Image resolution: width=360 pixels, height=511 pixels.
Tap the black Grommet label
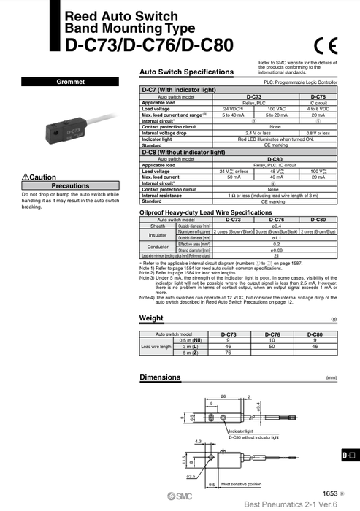click(x=69, y=82)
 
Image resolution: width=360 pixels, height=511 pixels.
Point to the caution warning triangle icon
click(x=26, y=177)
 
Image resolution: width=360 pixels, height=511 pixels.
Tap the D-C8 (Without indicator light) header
click(x=183, y=153)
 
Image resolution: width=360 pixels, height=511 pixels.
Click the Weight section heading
click(x=151, y=318)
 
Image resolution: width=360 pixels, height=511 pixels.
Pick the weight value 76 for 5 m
click(x=228, y=352)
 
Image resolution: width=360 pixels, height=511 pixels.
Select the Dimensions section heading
click(x=160, y=377)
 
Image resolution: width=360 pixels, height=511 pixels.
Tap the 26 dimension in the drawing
click(x=223, y=396)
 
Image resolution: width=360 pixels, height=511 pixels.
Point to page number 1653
click(x=331, y=493)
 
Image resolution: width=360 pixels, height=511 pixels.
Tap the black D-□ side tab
click(x=350, y=455)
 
